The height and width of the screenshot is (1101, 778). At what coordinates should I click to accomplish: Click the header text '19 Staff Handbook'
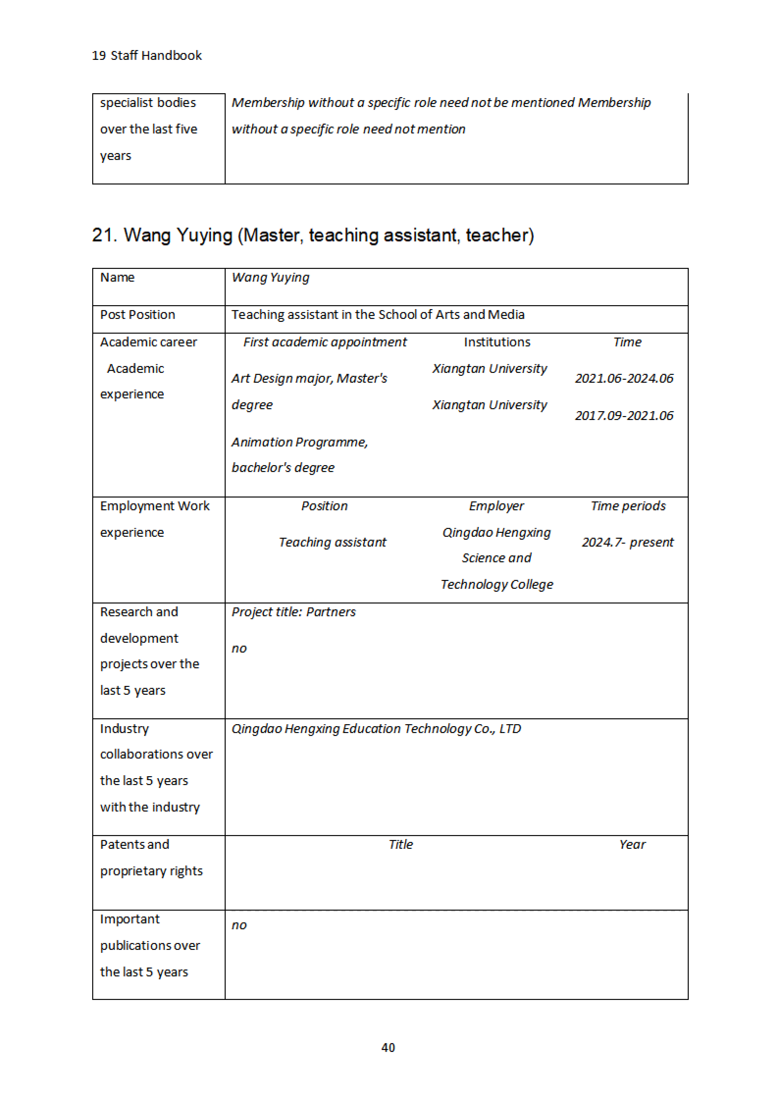click(x=147, y=56)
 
